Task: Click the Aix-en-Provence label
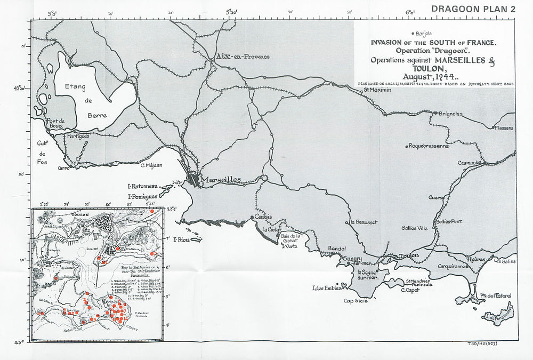243,57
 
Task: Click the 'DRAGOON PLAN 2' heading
473,9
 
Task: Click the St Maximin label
378,90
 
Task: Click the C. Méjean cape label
151,165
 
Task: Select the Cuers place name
436,197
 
